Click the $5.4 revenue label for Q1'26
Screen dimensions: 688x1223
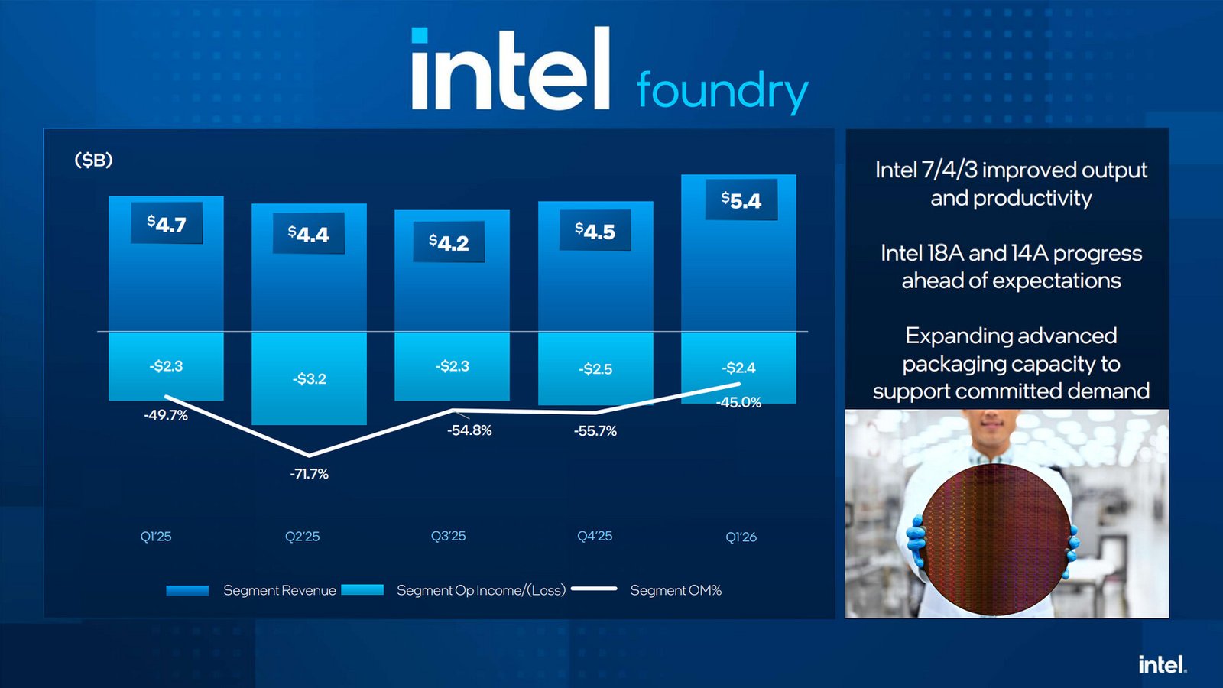coord(741,200)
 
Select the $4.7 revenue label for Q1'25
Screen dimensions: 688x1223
coord(167,224)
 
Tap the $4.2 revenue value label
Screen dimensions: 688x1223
coord(449,242)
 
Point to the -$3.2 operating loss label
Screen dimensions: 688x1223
coord(309,379)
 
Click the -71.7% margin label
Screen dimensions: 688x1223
coord(309,474)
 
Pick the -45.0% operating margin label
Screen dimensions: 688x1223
coord(738,403)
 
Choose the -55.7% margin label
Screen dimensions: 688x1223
coord(595,431)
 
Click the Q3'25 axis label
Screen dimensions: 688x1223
coord(448,536)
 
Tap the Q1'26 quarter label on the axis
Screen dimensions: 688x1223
coord(741,537)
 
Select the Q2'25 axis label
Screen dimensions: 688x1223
coord(302,537)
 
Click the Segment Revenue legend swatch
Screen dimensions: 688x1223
coord(187,590)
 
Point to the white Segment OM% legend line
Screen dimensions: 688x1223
coord(594,589)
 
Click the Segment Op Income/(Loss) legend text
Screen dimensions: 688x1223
coord(481,590)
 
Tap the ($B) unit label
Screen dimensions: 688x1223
coord(93,160)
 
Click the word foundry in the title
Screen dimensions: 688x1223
coord(722,91)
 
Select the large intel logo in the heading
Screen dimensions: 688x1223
coord(511,70)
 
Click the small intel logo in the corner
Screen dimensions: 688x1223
coord(1162,664)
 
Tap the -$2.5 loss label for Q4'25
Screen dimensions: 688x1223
coord(595,369)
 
